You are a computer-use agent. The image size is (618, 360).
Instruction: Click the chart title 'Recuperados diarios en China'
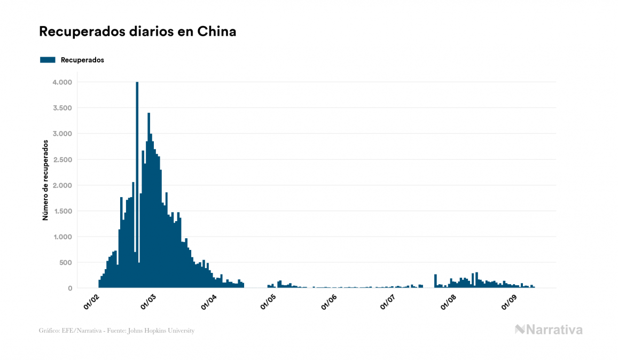[138, 32]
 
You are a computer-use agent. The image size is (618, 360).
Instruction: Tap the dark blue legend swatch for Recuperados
[48, 60]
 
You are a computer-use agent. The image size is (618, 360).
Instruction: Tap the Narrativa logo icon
[520, 330]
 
